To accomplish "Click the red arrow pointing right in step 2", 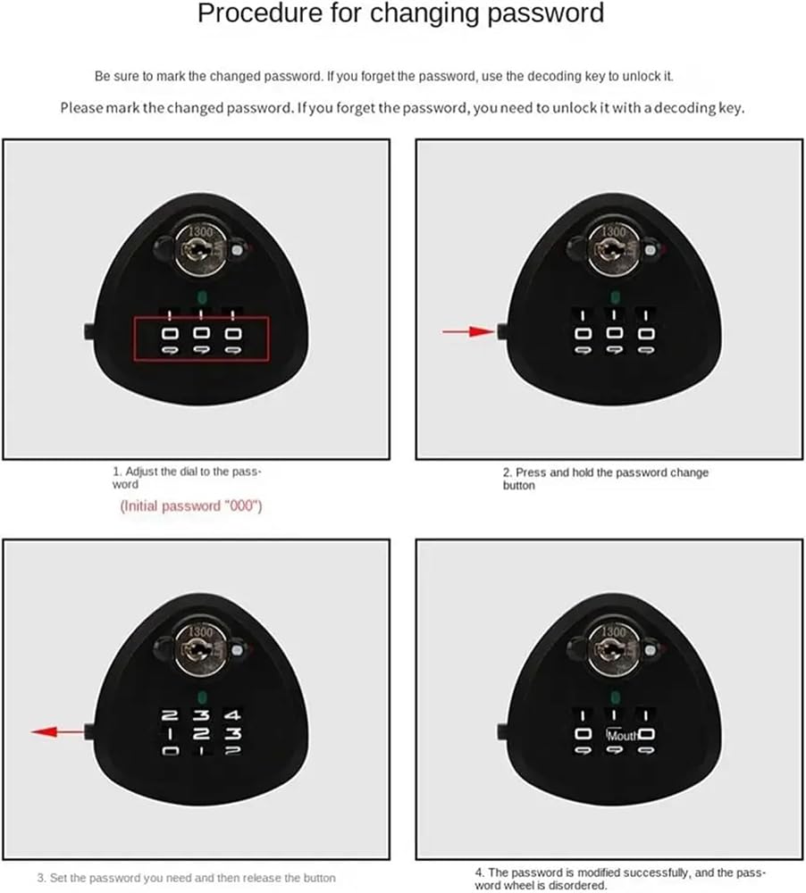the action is [468, 331].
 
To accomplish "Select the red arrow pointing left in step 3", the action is [57, 731].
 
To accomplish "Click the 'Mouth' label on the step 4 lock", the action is [623, 735].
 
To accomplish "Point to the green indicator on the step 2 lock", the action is [615, 297].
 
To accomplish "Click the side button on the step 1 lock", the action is [89, 331].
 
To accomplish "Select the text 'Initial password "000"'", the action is [191, 505].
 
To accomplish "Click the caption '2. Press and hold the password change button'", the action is [605, 479].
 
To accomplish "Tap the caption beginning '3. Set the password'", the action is [187, 878].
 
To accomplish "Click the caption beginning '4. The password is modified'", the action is [620, 879].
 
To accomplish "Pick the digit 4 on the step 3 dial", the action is [232, 714].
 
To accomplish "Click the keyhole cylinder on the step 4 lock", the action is [613, 649].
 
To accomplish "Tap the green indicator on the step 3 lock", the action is [201, 697].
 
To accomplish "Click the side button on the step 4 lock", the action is [502, 731].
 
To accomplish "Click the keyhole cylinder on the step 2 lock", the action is [613, 249].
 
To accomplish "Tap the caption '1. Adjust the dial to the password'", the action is [187, 478].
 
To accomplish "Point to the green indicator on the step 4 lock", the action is [615, 697].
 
